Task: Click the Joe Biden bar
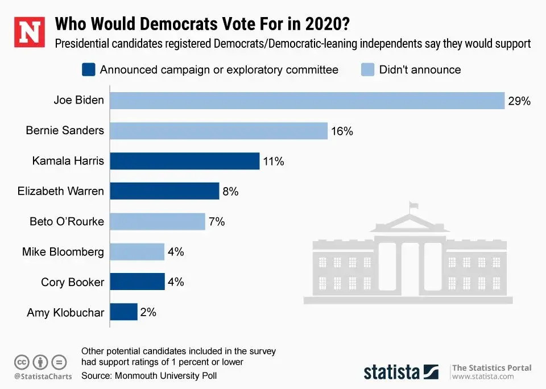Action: point(307,101)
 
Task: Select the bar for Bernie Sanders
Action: point(218,131)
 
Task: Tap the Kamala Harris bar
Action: point(184,161)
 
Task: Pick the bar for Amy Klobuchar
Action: point(123,312)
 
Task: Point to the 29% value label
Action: point(519,101)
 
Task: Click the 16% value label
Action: point(342,131)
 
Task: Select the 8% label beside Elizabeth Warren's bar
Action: point(230,192)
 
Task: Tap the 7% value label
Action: point(217,222)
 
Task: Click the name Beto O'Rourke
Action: point(67,221)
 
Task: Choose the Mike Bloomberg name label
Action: point(63,251)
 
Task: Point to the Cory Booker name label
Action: point(72,282)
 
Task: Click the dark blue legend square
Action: point(88,70)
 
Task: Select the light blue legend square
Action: point(367,70)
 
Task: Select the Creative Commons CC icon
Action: point(22,362)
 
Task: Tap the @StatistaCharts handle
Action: point(43,376)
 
